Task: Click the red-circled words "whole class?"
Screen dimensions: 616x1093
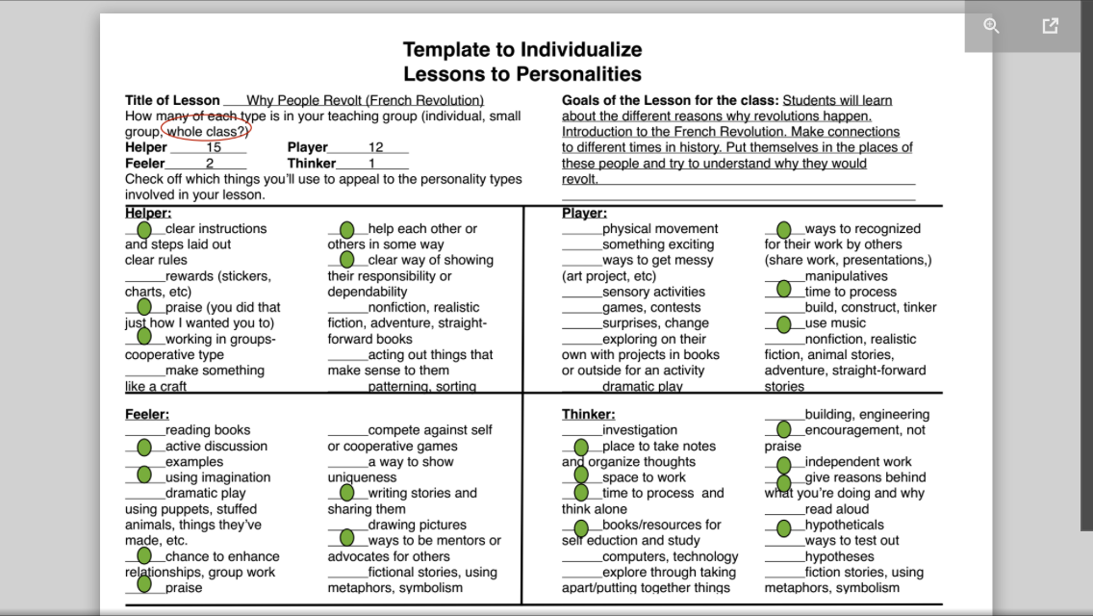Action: pyautogui.click(x=207, y=131)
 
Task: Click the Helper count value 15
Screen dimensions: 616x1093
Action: pyautogui.click(x=214, y=147)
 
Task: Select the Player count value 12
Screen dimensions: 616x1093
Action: pyautogui.click(x=376, y=147)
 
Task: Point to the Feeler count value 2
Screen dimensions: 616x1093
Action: pyautogui.click(x=209, y=164)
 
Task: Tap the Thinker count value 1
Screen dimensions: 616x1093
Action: pyautogui.click(x=371, y=164)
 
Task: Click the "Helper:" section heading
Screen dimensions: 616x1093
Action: pyautogui.click(x=148, y=213)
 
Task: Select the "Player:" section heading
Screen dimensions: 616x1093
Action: pyautogui.click(x=584, y=213)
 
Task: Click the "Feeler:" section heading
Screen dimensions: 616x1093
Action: pyautogui.click(x=147, y=415)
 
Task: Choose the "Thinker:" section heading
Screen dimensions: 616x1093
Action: pyautogui.click(x=588, y=415)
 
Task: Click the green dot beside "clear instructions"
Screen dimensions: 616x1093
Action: pyautogui.click(x=144, y=230)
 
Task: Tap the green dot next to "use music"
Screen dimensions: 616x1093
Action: pyautogui.click(x=784, y=324)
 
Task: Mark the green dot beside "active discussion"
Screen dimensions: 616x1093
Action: pyautogui.click(x=144, y=447)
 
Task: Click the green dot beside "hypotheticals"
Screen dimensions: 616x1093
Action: pyautogui.click(x=784, y=527)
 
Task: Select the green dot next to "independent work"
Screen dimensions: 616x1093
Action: pyautogui.click(x=784, y=465)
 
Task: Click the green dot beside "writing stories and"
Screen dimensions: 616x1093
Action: pyautogui.click(x=347, y=493)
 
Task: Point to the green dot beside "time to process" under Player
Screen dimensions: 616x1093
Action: pyautogui.click(x=784, y=289)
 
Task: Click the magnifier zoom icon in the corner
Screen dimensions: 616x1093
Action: pyautogui.click(x=992, y=26)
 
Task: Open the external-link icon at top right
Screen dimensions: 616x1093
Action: pyautogui.click(x=1050, y=26)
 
